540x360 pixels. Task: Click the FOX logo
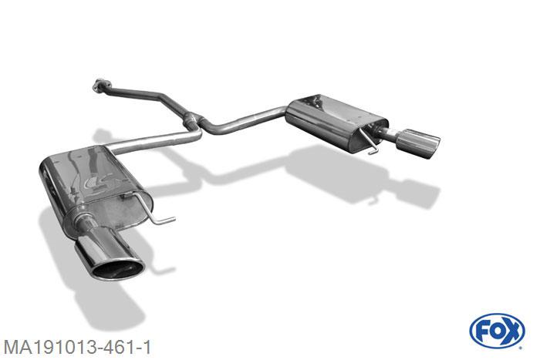click(x=497, y=331)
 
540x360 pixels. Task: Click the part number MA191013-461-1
click(x=77, y=347)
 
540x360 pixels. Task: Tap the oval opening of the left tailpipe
click(x=119, y=270)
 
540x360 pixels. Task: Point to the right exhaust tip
click(x=418, y=143)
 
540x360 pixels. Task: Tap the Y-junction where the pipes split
click(x=194, y=121)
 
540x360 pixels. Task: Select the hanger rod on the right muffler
click(x=369, y=141)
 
